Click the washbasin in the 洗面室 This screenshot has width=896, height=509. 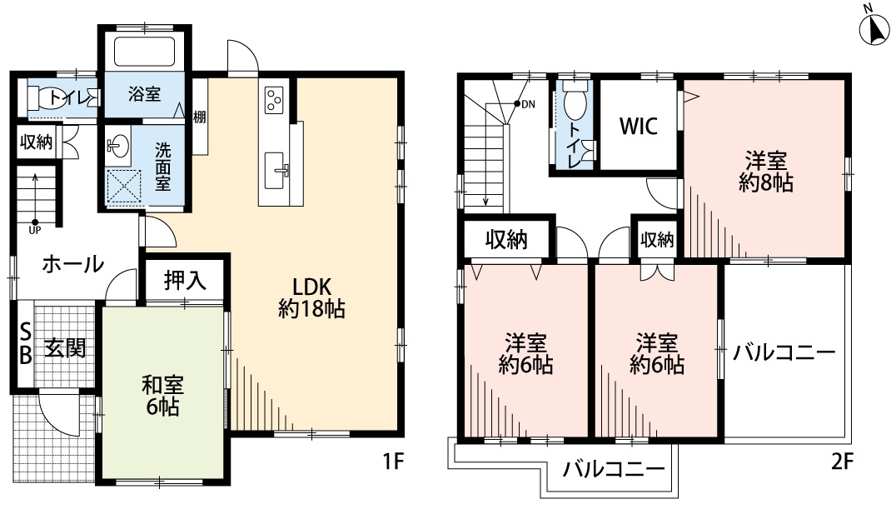pyautogui.click(x=117, y=147)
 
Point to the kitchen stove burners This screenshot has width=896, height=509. pyautogui.click(x=275, y=99)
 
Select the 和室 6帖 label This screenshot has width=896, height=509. pyautogui.click(x=162, y=397)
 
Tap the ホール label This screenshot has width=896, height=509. pyautogui.click(x=72, y=265)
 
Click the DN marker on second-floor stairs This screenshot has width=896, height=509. pyautogui.click(x=525, y=104)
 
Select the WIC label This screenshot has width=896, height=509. pyautogui.click(x=639, y=126)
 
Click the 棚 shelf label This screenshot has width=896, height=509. pyautogui.click(x=200, y=117)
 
